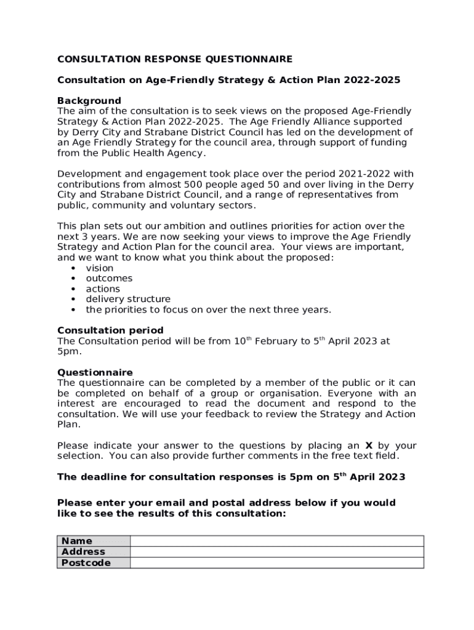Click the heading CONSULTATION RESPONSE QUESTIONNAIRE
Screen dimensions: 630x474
coord(175,59)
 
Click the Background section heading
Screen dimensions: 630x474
coord(89,100)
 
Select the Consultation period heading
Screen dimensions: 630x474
coord(110,330)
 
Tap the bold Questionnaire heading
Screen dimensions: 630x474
coord(95,372)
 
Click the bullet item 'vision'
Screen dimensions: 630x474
coord(100,268)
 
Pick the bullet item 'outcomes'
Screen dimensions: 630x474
coord(109,279)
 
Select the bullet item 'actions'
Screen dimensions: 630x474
coord(103,289)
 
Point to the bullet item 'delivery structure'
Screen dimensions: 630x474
coord(128,300)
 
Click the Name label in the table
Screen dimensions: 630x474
coord(77,541)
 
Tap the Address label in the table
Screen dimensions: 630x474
coord(83,552)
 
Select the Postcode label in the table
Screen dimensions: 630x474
coord(86,563)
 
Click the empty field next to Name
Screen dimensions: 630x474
coord(276,541)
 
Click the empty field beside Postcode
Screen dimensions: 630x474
coord(276,563)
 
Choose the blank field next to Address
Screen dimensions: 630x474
coord(276,552)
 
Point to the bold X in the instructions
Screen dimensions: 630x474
coord(369,445)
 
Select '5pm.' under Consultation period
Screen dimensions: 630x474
coord(69,351)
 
